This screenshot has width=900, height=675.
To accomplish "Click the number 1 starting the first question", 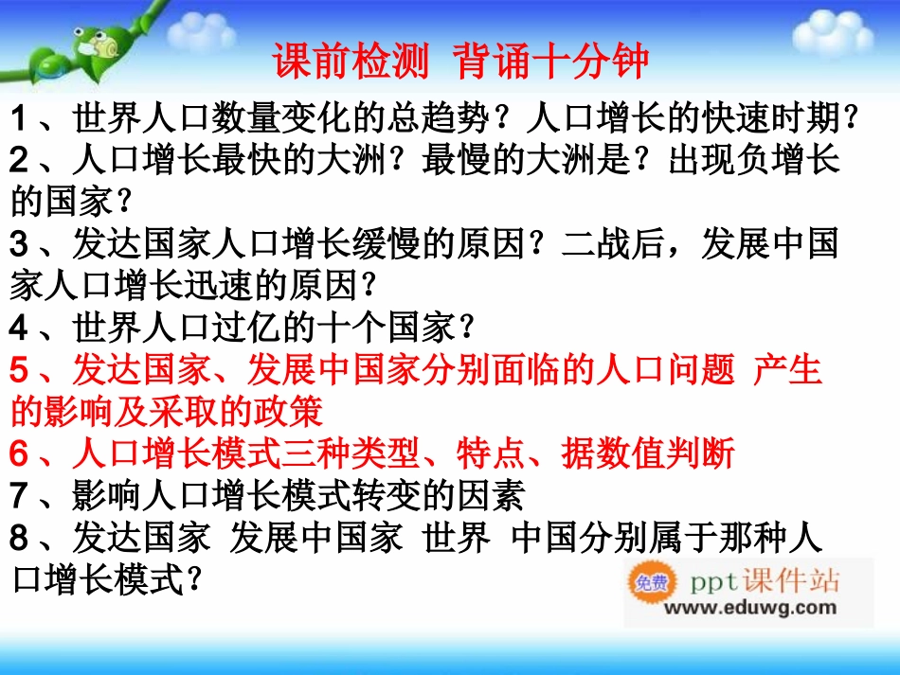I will point(20,120).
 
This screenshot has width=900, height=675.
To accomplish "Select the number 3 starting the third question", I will point(20,245).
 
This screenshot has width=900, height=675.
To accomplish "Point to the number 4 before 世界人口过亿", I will point(20,329).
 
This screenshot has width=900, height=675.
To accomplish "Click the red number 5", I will point(20,370).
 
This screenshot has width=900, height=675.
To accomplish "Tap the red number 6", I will point(20,453).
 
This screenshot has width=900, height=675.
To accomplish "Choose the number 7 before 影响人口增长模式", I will point(20,495).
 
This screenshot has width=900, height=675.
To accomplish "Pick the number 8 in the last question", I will point(20,537).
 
